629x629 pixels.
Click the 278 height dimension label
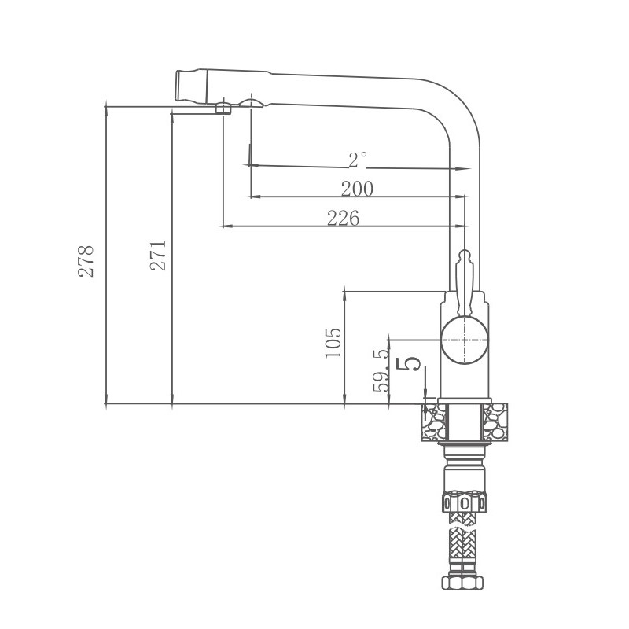(x=86, y=260)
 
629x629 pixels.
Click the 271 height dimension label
(x=159, y=256)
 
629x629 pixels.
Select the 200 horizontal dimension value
(x=357, y=189)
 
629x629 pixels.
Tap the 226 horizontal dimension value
(x=344, y=219)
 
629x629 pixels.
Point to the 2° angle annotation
(x=358, y=160)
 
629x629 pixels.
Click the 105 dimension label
(x=333, y=343)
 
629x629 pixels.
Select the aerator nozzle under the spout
(x=224, y=108)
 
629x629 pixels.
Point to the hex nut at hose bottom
(x=465, y=583)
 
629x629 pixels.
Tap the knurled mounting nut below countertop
(x=465, y=501)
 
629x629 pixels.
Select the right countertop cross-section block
(x=496, y=422)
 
